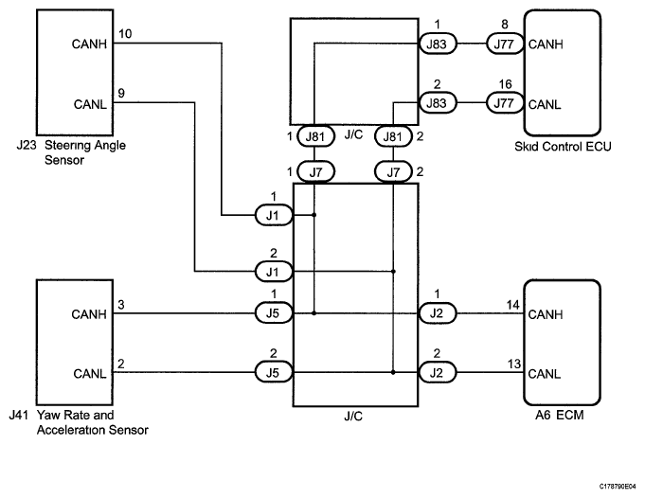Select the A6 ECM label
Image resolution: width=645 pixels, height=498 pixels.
coord(563,414)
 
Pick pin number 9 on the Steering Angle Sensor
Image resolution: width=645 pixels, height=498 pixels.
coord(119,93)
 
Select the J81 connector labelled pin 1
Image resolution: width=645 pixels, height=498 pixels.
coord(314,138)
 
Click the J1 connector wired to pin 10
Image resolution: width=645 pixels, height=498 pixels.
coord(273,216)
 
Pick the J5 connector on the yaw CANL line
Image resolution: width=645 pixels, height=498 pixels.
coord(273,372)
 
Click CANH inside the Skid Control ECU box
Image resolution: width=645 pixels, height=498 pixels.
coord(546,44)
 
